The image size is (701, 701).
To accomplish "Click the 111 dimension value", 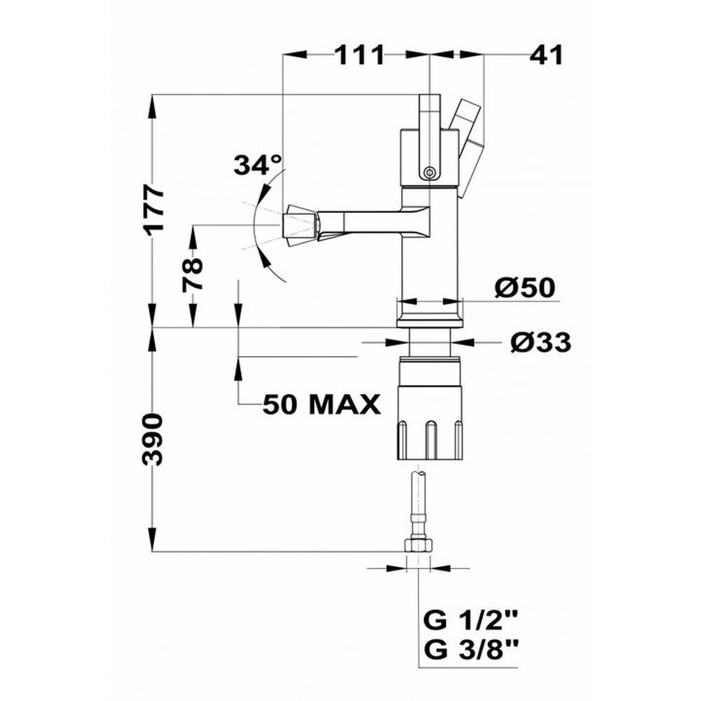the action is coord(360,55).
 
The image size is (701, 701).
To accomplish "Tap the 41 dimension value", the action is coord(546,55).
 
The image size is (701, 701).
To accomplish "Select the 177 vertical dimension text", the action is coord(154,209).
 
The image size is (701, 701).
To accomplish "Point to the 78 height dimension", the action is coord(192,275).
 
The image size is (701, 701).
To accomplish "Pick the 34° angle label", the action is coord(258,165).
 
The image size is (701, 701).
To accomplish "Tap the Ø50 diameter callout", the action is coord(524,287).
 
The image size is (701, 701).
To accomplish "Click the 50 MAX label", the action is coord(322,404).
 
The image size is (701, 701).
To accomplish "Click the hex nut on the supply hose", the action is coord(418,545).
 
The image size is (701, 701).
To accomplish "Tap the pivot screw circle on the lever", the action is coord(430,172).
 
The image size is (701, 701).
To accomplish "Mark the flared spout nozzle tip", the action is coord(301,226).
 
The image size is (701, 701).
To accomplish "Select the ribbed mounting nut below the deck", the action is coord(428,408).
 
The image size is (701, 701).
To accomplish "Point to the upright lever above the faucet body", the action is coord(430,137).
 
